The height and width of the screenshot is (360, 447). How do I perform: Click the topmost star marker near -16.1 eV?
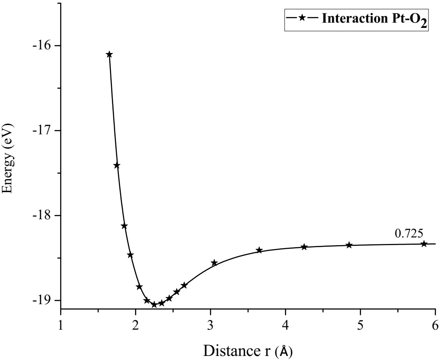(x=109, y=54)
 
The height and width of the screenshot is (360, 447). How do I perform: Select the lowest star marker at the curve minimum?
(x=154, y=305)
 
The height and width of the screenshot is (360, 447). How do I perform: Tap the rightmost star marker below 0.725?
(x=424, y=244)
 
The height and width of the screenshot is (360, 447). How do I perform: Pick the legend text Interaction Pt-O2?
(x=371, y=19)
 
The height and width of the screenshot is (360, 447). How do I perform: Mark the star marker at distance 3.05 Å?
(x=214, y=263)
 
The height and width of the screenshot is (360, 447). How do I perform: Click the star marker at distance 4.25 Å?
(x=304, y=247)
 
